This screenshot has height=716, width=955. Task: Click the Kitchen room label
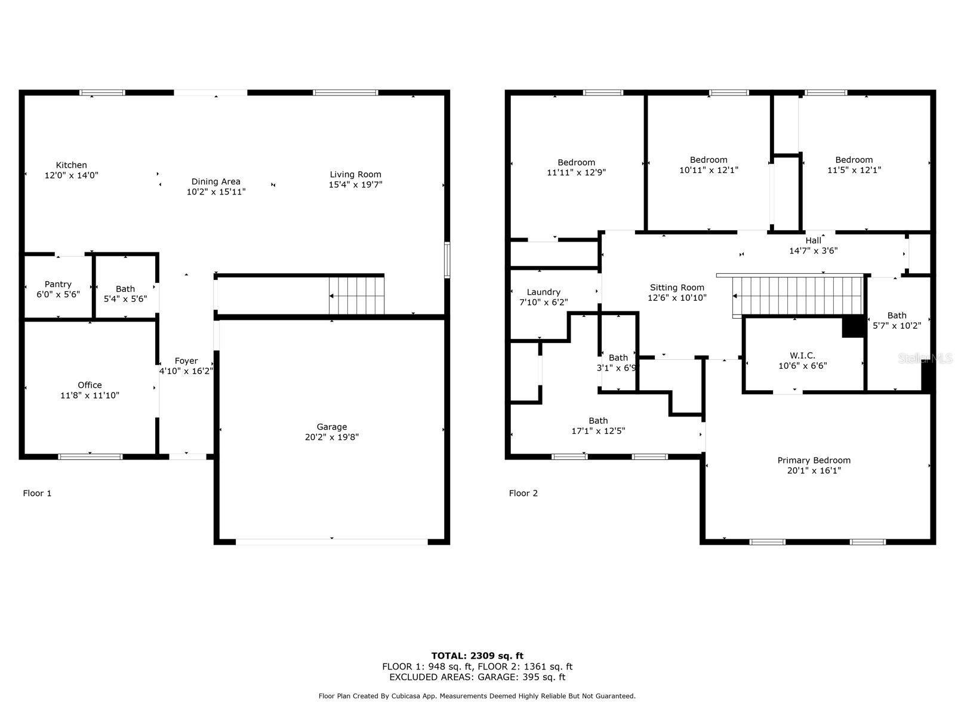click(72, 165)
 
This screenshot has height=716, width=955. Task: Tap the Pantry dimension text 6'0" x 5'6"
click(58, 294)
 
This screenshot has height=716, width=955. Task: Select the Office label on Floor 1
click(90, 385)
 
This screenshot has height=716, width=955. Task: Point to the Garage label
click(331, 427)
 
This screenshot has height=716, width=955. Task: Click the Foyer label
click(186, 361)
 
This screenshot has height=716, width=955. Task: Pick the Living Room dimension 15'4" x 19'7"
click(356, 184)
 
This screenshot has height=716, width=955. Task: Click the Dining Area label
click(216, 182)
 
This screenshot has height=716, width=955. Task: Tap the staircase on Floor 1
click(356, 295)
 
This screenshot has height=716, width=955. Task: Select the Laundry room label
click(543, 292)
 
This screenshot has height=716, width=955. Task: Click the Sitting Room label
click(677, 288)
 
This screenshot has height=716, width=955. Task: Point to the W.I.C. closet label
click(803, 356)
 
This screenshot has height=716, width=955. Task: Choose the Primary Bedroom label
click(814, 460)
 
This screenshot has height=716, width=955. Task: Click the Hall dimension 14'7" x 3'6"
click(813, 251)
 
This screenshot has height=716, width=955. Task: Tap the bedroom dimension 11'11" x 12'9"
click(576, 172)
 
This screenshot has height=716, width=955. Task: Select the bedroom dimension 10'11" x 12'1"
click(708, 170)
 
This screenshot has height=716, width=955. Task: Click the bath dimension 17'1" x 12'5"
click(598, 431)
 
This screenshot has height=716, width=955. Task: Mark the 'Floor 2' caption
click(523, 493)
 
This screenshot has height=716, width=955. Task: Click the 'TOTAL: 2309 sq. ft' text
click(478, 656)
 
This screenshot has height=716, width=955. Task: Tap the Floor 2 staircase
click(797, 295)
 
